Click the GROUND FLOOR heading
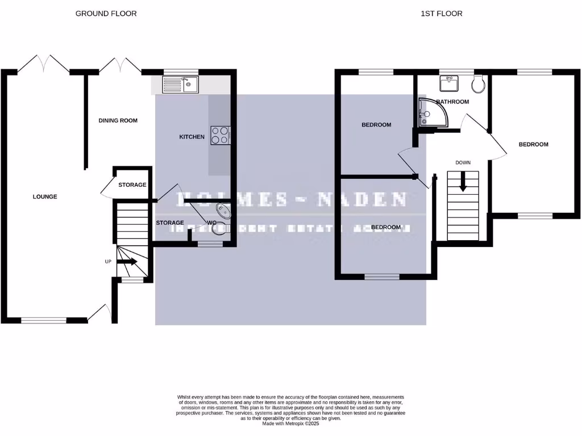coord(106,13)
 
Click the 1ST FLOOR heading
coord(442,13)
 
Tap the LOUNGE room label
coord(45,197)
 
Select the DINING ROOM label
coord(118,120)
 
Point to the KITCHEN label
coord(192,137)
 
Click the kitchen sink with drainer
coord(180,85)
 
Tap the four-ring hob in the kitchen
coord(221,135)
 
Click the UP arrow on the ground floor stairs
coord(128,262)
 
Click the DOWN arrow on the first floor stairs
coord(463,183)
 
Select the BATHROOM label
coord(452,102)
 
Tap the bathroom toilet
coord(479,85)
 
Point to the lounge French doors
coord(44,64)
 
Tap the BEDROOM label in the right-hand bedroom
coord(533,144)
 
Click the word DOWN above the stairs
coord(463,163)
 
